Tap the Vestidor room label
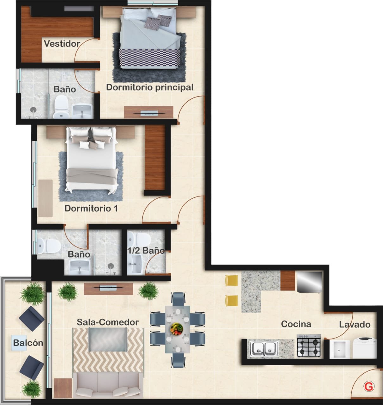point(62,44)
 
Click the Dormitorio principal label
point(150,87)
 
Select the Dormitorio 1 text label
point(91,209)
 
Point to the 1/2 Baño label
point(146,251)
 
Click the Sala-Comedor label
point(108,322)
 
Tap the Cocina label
point(296,324)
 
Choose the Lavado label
point(355,325)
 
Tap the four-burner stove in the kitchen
point(309,346)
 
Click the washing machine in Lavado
point(364,348)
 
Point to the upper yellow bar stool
point(231,280)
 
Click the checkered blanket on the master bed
point(150,59)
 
